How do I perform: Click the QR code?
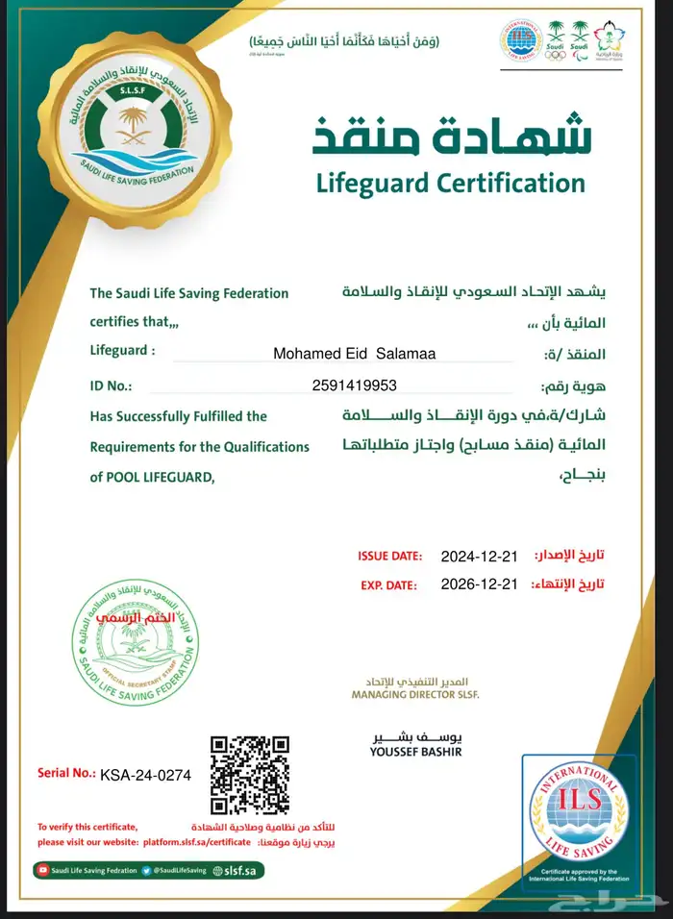(x=249, y=774)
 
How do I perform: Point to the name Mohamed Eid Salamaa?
(x=354, y=354)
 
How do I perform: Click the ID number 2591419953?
(x=354, y=385)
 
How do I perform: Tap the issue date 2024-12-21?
(x=479, y=557)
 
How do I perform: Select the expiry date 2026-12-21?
(x=479, y=584)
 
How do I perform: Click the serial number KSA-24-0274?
(x=146, y=774)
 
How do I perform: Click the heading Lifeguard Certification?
(x=450, y=182)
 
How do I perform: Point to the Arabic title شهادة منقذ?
(x=452, y=135)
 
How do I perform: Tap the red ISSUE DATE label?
(x=389, y=557)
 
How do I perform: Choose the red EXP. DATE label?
(x=388, y=584)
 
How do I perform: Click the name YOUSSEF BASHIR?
(x=415, y=752)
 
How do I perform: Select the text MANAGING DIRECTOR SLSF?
(x=414, y=693)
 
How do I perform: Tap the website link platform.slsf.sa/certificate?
(x=197, y=841)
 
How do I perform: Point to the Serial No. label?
(x=66, y=773)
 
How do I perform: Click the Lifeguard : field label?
(x=122, y=351)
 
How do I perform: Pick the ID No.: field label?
(x=111, y=385)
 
